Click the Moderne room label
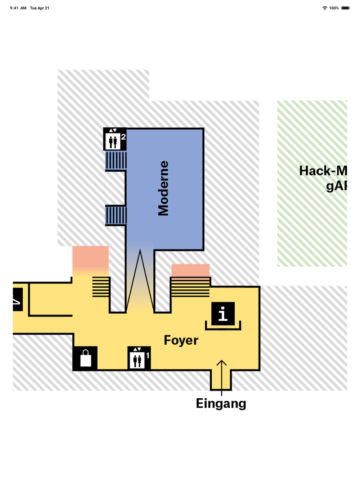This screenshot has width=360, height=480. tap(163, 188)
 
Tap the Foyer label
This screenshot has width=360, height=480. tap(181, 340)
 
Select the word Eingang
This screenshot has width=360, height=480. tap(221, 403)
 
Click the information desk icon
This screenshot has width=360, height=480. tap(223, 313)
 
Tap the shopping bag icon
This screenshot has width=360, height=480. tap(85, 358)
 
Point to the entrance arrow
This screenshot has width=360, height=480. tap(221, 374)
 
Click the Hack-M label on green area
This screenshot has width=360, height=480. tap(323, 171)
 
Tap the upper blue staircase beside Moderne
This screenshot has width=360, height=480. tap(116, 160)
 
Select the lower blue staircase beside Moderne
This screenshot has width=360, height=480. tap(116, 215)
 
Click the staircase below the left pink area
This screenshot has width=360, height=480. tap(101, 286)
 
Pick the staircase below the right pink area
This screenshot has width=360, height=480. tap(190, 287)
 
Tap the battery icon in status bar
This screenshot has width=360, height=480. tap(345, 8)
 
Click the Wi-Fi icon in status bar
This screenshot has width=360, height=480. tap(325, 8)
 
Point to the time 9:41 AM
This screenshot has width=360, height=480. tap(18, 8)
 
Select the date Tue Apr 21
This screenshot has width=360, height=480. tap(40, 8)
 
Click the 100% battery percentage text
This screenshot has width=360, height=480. tap(334, 8)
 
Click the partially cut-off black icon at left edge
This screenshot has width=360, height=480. tap(17, 299)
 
